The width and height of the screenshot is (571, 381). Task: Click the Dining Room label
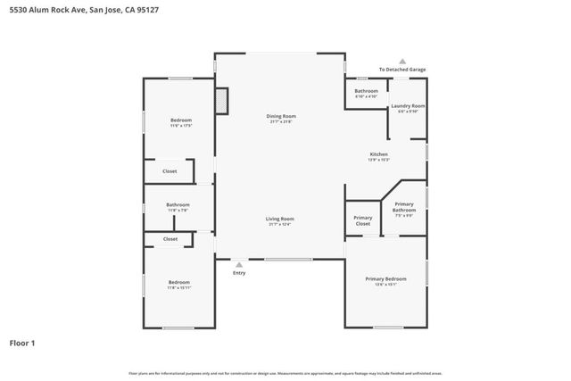[280, 116]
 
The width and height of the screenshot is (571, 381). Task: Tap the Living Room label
[280, 219]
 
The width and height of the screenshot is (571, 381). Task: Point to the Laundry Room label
[408, 106]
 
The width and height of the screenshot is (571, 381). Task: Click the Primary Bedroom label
[385, 279]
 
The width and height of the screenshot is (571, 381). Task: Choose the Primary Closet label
[362, 220]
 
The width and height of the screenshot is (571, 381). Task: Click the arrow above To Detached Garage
[402, 61]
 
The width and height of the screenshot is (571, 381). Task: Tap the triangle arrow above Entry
[238, 264]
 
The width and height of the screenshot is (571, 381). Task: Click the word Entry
[239, 273]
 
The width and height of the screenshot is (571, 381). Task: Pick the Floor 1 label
[22, 343]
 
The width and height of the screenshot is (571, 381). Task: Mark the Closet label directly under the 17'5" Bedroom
[170, 171]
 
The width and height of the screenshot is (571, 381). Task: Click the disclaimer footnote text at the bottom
[285, 373]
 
